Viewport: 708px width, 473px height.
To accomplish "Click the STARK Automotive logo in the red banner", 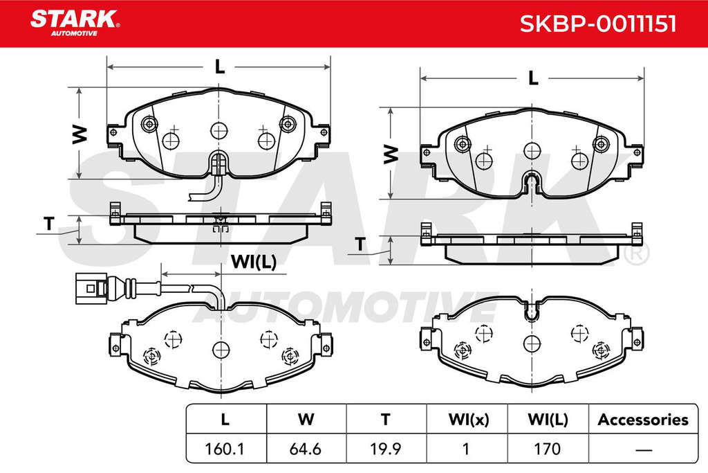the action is tap(75, 23).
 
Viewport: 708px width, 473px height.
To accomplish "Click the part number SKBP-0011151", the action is tap(598, 24).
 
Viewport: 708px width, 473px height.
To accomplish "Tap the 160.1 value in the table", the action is tap(225, 449).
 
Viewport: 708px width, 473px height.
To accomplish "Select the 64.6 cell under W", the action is tap(305, 449).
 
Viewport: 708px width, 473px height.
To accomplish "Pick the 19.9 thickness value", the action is tap(385, 449).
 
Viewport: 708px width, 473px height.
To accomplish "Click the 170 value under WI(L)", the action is tap(547, 449).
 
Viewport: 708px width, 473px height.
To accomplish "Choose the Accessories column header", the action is tap(643, 420).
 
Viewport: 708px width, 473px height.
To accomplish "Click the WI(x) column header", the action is tap(469, 420).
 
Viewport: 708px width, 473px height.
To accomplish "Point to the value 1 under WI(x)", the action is tap(465, 449).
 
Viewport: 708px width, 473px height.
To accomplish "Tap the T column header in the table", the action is tap(385, 420).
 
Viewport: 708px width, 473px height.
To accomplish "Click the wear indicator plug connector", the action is tap(91, 287).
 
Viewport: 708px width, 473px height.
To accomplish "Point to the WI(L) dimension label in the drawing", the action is tap(253, 262).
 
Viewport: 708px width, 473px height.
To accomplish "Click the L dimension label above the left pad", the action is tap(219, 67).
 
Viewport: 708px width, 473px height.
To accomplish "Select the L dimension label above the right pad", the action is tap(533, 78).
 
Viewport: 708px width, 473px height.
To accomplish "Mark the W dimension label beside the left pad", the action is tap(80, 134).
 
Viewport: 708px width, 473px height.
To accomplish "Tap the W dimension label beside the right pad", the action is tap(391, 154).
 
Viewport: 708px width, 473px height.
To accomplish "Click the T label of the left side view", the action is tap(49, 224).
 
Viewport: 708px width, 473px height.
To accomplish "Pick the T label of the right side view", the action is tap(360, 244).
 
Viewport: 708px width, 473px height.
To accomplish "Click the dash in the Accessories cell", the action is tap(644, 450).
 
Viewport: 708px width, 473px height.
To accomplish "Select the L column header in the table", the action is tap(225, 420).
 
